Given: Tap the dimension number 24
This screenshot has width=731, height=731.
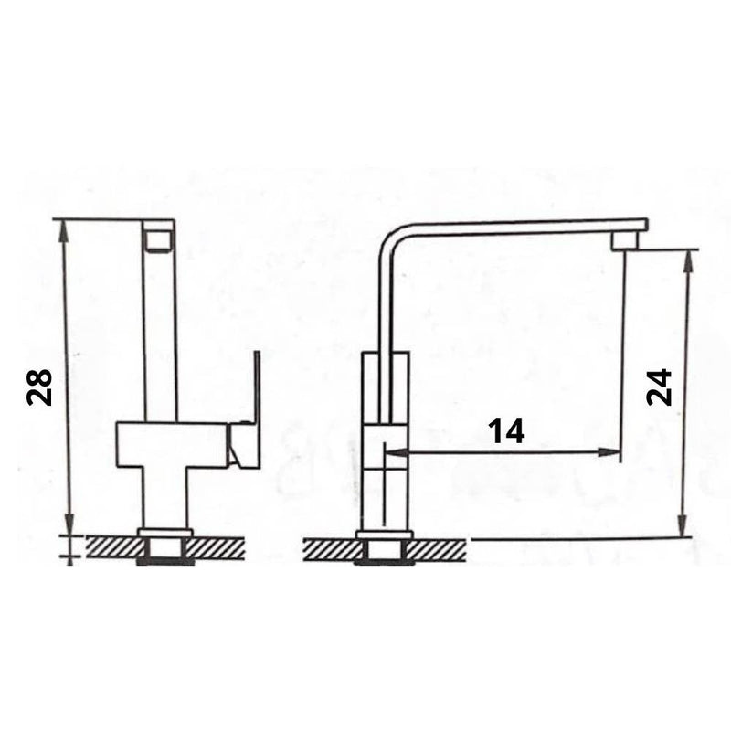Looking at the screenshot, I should pos(659,387).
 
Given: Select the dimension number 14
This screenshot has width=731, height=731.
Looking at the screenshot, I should pos(505,430).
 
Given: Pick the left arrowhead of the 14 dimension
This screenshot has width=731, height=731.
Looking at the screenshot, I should pos(391,450).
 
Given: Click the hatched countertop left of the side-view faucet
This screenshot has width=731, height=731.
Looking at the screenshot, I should pos(328,550).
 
